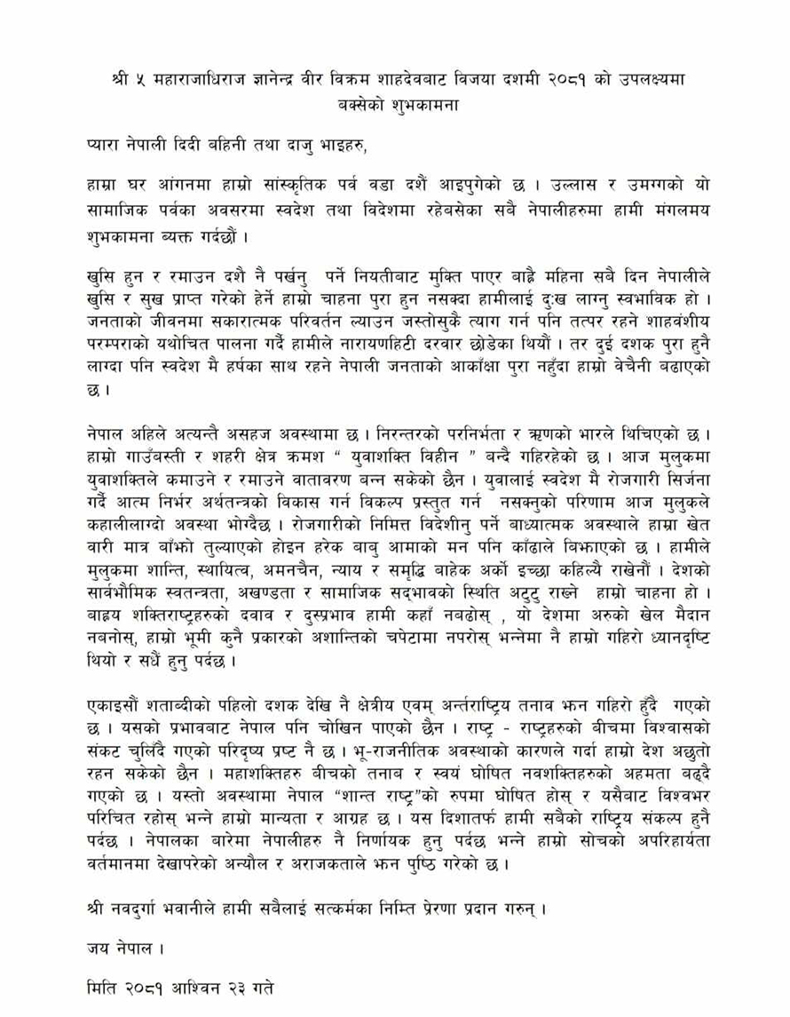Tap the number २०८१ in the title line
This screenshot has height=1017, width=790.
pyautogui.click(x=555, y=79)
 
